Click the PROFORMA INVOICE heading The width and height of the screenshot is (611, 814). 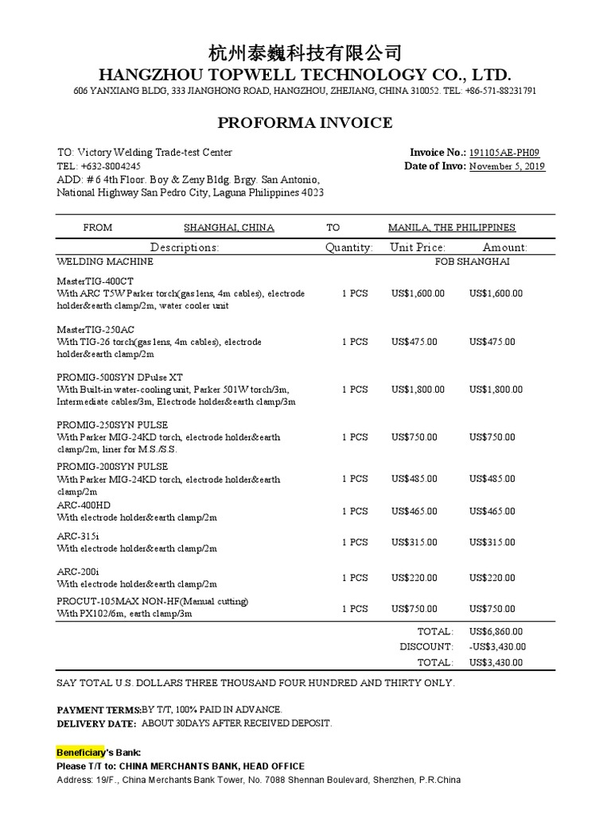[305, 122]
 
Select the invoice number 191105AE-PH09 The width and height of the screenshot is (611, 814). [508, 153]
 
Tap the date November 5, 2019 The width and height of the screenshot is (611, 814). [507, 167]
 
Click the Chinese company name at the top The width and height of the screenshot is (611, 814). [305, 53]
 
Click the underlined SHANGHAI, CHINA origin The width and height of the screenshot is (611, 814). [229, 227]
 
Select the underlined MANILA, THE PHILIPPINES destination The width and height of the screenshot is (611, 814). [451, 227]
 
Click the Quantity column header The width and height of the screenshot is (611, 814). [348, 247]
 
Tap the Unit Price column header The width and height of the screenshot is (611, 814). [418, 247]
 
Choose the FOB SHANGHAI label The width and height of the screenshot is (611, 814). [472, 262]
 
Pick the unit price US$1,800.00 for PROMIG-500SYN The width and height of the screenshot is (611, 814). [418, 390]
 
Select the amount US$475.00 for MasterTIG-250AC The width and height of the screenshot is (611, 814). [492, 342]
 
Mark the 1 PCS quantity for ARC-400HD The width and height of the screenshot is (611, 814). [355, 511]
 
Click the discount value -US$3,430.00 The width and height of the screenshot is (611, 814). [496, 647]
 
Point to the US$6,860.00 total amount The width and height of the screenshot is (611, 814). [496, 631]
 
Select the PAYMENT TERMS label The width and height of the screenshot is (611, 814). [99, 709]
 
